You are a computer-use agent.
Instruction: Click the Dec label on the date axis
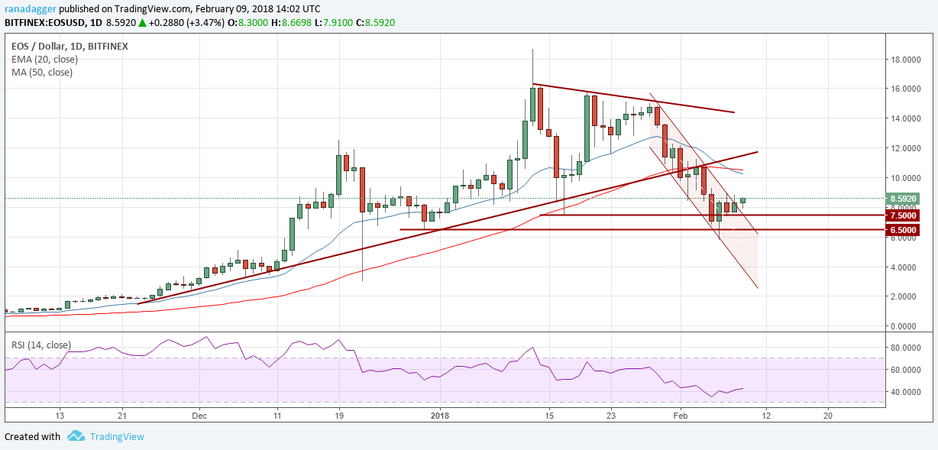point(199,416)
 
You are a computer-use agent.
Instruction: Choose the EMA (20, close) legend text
point(42,59)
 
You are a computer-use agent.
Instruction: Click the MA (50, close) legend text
point(42,73)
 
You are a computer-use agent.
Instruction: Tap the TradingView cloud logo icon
point(76,436)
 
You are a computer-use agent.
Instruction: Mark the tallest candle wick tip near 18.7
point(532,49)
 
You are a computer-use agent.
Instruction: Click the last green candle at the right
point(742,201)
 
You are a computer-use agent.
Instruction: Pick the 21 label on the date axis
point(121,416)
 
